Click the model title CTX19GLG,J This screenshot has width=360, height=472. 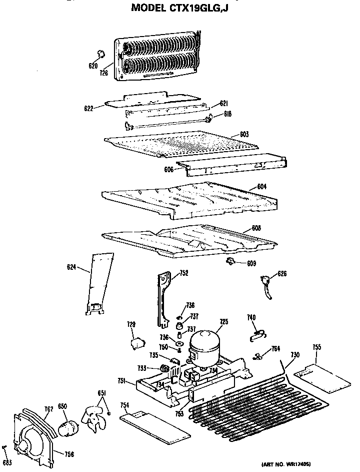(179, 8)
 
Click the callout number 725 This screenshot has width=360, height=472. (223, 322)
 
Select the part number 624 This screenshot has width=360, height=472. (71, 268)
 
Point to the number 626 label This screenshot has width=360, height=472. (282, 273)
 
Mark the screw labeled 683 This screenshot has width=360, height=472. (5, 447)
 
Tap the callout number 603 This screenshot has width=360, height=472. (244, 134)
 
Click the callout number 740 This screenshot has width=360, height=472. (251, 317)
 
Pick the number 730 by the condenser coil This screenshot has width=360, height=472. (295, 354)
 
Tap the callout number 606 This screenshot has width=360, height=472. (168, 170)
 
